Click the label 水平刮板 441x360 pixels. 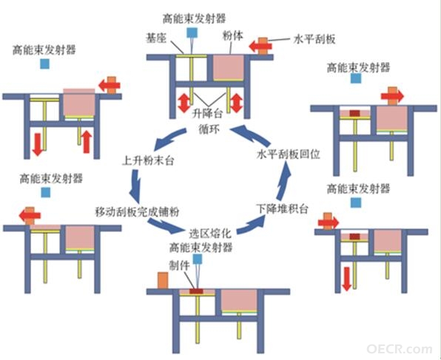(x=314, y=39)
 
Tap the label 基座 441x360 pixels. (x=156, y=38)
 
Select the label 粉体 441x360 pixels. (x=233, y=35)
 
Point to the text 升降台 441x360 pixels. (x=208, y=114)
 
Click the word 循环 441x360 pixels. (x=209, y=129)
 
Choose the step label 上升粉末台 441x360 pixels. (x=148, y=160)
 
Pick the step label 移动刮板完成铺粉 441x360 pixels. (x=137, y=211)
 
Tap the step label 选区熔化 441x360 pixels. (x=210, y=233)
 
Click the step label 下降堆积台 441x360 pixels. (x=283, y=208)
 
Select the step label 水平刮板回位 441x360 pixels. (x=289, y=154)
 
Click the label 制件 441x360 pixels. (x=179, y=265)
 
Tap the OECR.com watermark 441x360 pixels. (x=399, y=349)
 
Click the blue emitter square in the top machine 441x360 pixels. (x=192, y=33)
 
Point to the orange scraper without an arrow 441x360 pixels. (x=163, y=280)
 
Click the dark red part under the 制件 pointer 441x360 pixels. (x=196, y=291)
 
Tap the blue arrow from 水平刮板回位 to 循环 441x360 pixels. (x=250, y=132)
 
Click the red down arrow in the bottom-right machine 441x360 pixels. (x=347, y=279)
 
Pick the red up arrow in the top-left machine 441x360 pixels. (x=87, y=142)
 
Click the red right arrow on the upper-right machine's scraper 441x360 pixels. (x=392, y=96)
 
